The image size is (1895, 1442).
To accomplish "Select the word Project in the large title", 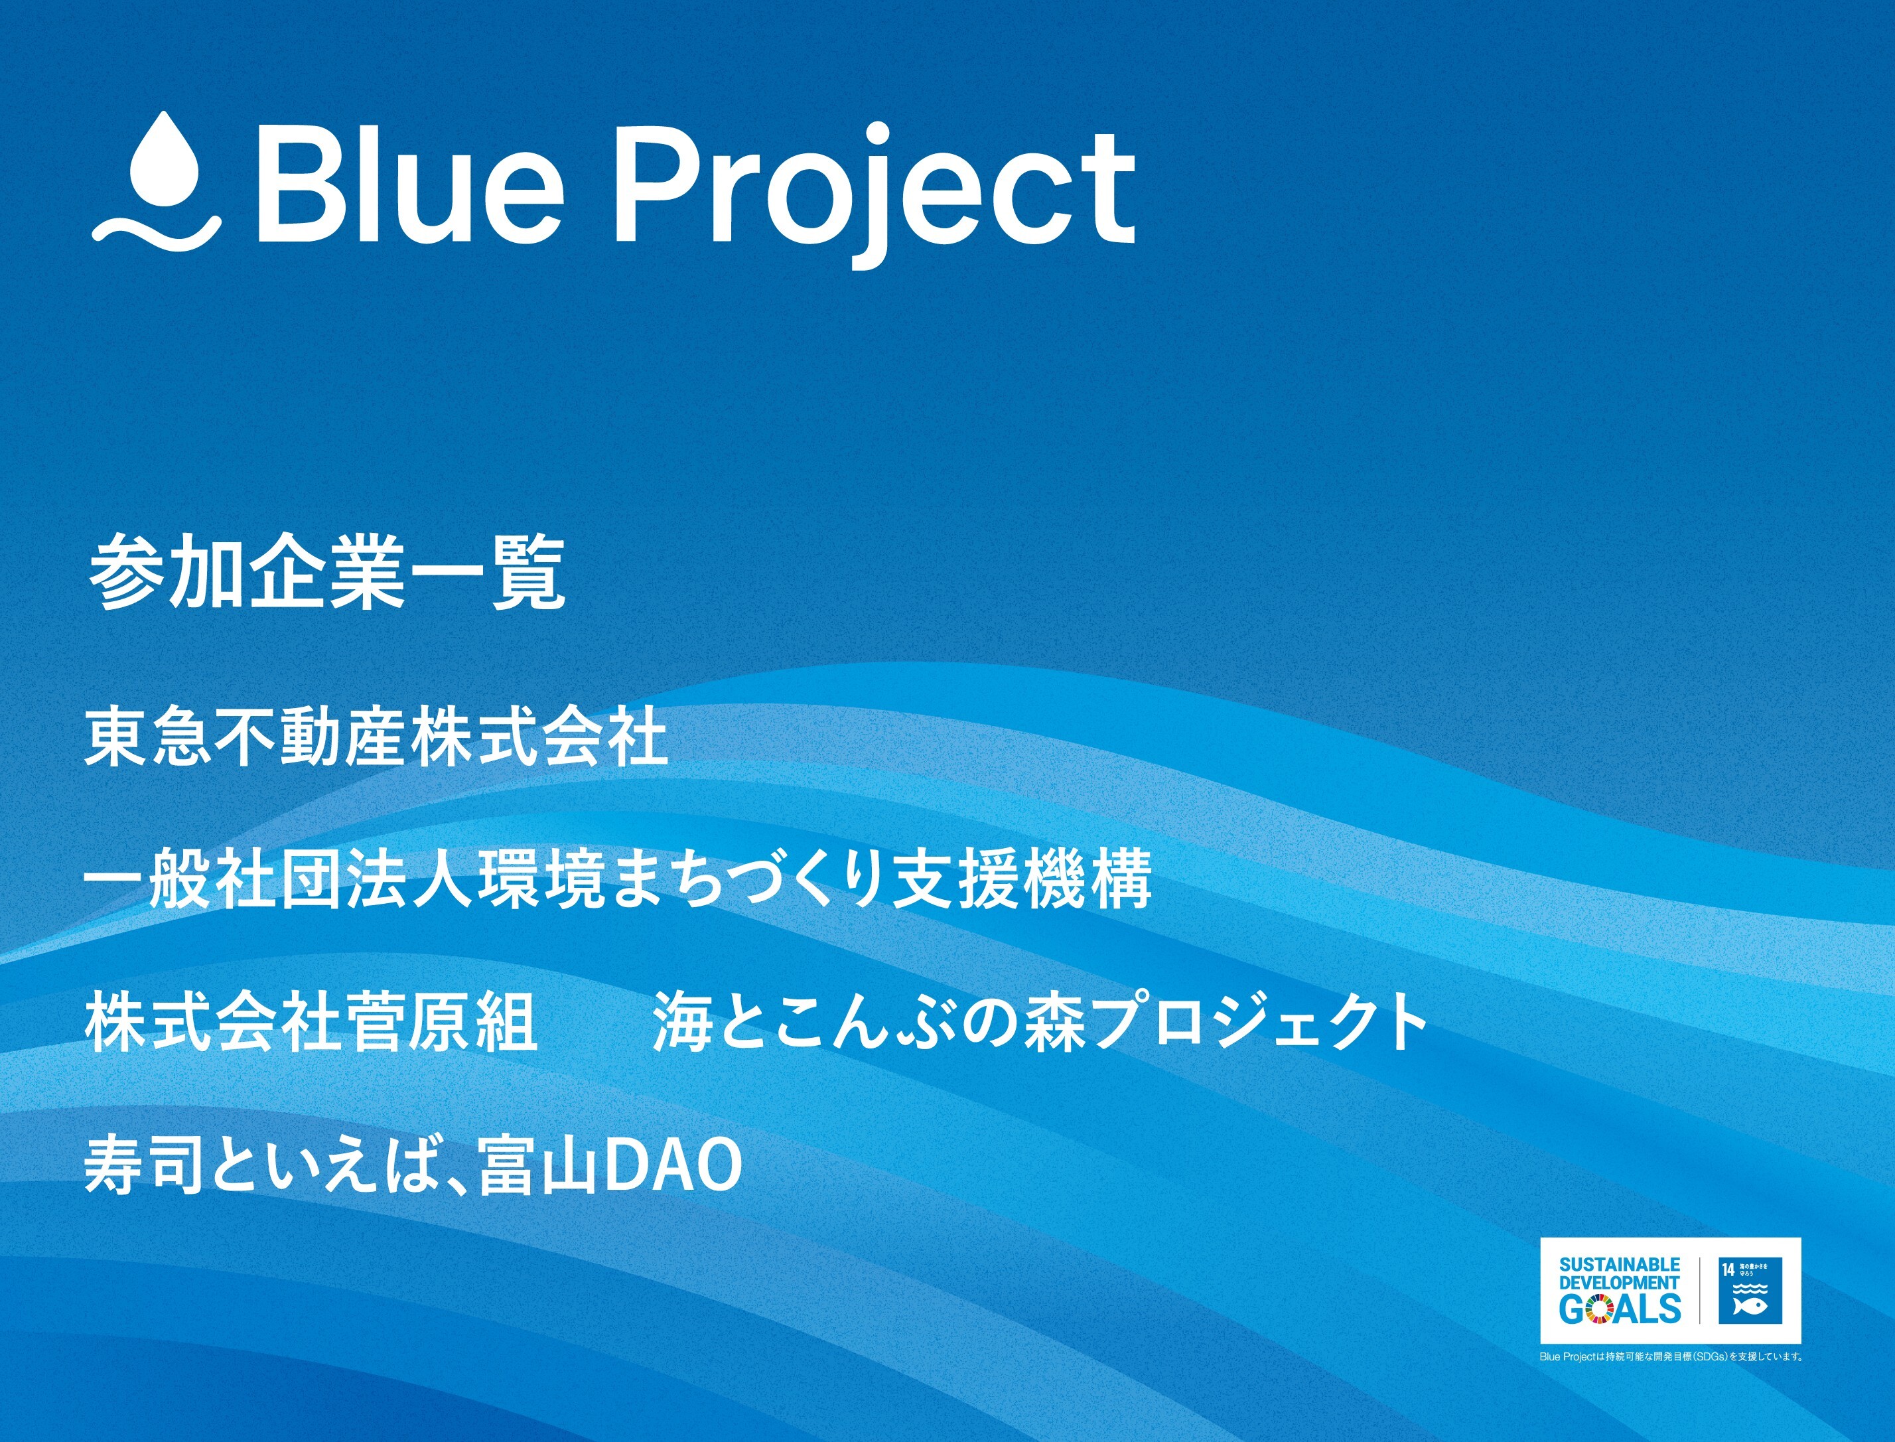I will point(875,193).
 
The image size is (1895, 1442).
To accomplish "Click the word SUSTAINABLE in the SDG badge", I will point(1619,1264).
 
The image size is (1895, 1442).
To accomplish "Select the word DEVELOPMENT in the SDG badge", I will point(1619,1281).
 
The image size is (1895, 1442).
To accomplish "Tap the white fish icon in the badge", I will point(1749,1307).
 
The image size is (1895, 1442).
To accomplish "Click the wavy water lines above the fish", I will point(1749,1287).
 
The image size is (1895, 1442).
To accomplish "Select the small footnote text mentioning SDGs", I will point(1670,1357).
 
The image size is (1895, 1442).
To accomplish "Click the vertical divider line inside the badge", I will point(1699,1290).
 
